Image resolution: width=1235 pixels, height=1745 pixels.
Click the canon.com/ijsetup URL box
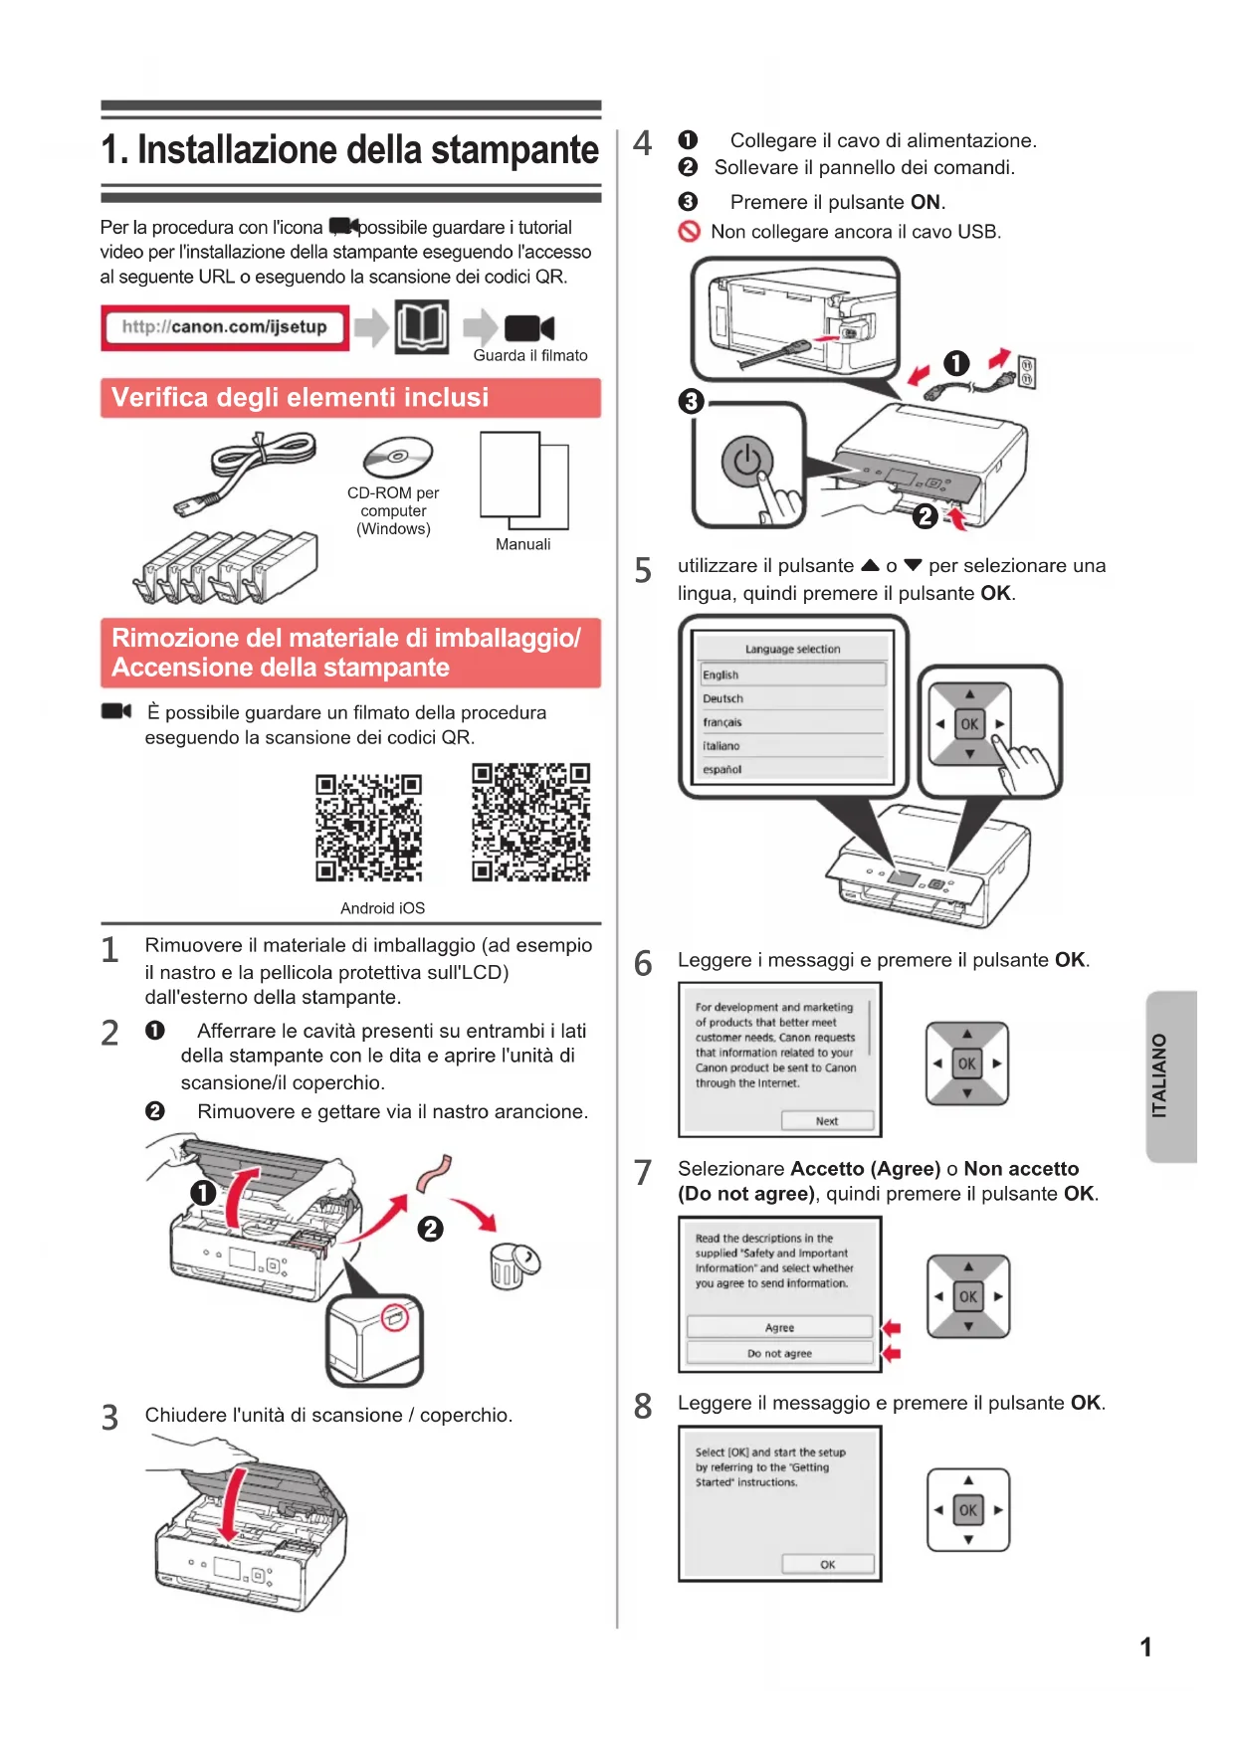click(x=225, y=327)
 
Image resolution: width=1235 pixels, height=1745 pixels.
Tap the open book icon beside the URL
click(x=422, y=326)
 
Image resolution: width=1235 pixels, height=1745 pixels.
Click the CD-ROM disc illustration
click(x=398, y=458)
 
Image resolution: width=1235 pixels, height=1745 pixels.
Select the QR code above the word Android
click(x=368, y=828)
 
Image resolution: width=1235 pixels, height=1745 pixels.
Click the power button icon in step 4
click(x=746, y=462)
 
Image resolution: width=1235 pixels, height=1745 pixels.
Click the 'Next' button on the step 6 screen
click(x=827, y=1121)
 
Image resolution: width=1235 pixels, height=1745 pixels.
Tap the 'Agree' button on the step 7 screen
click(x=779, y=1328)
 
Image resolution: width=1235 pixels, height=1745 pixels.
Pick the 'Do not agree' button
click(x=779, y=1354)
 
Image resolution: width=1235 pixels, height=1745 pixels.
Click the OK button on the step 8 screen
click(x=827, y=1565)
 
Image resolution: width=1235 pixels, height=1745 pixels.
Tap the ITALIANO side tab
click(x=1170, y=1076)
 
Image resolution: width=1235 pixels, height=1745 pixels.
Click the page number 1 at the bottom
click(x=1145, y=1648)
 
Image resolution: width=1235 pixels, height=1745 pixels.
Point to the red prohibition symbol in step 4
click(x=690, y=232)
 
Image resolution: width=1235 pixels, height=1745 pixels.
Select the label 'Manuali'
click(x=522, y=544)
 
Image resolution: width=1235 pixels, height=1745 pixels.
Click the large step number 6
click(x=644, y=964)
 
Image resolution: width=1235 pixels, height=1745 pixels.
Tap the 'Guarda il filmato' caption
click(x=530, y=356)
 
